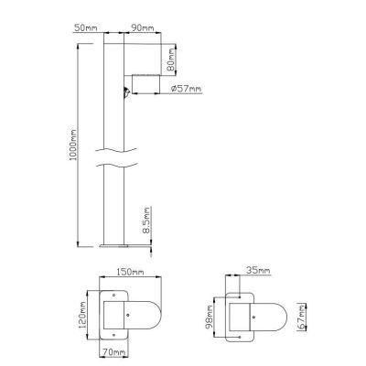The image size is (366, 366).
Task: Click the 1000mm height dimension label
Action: [73, 145]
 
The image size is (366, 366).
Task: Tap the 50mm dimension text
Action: [86, 27]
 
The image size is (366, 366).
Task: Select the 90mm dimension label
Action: [143, 27]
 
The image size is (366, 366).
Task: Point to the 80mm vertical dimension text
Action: [171, 59]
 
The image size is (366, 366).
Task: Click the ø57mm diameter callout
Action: [186, 89]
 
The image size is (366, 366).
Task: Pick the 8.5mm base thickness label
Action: [147, 221]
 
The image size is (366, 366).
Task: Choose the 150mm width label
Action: [129, 271]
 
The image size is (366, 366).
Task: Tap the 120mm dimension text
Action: [82, 315]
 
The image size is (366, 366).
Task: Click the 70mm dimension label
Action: [114, 352]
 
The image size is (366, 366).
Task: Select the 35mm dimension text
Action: [258, 271]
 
